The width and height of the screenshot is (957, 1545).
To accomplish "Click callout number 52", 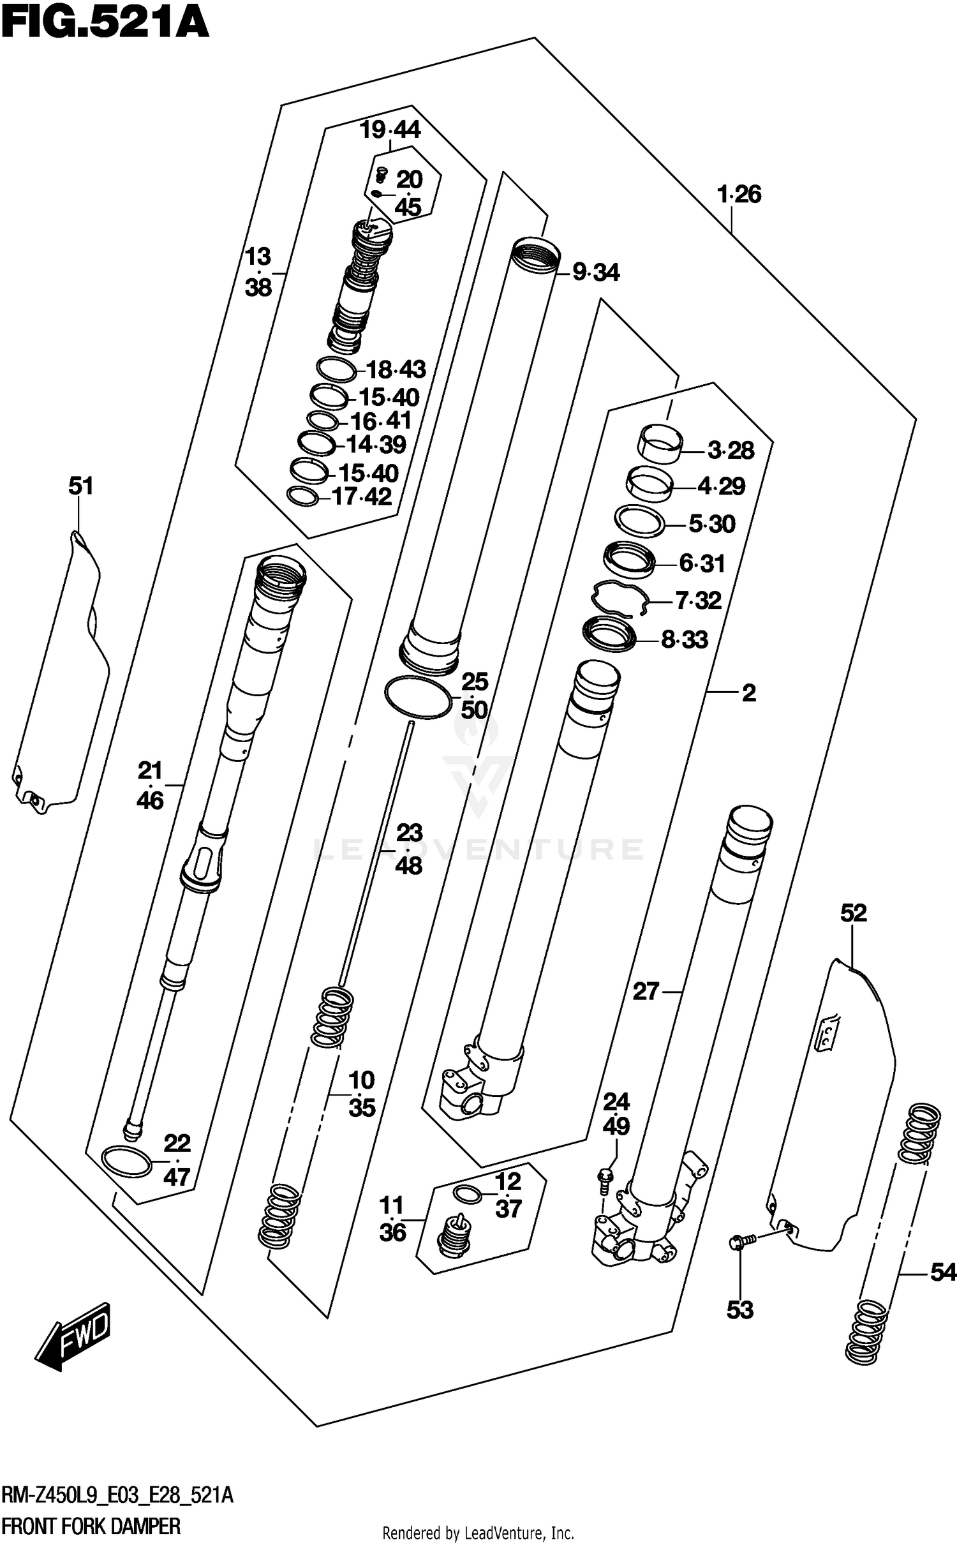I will coord(853,913).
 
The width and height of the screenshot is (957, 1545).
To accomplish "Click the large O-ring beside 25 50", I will coord(419,698).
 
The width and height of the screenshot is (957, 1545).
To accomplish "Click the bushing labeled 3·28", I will coord(661,445).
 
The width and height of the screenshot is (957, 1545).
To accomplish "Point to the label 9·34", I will coord(596,273).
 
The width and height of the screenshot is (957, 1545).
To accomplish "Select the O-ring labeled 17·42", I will coord(302,496).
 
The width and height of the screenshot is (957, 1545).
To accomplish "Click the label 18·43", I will coord(396,369).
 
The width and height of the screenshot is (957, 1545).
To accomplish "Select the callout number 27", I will coord(645,992).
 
